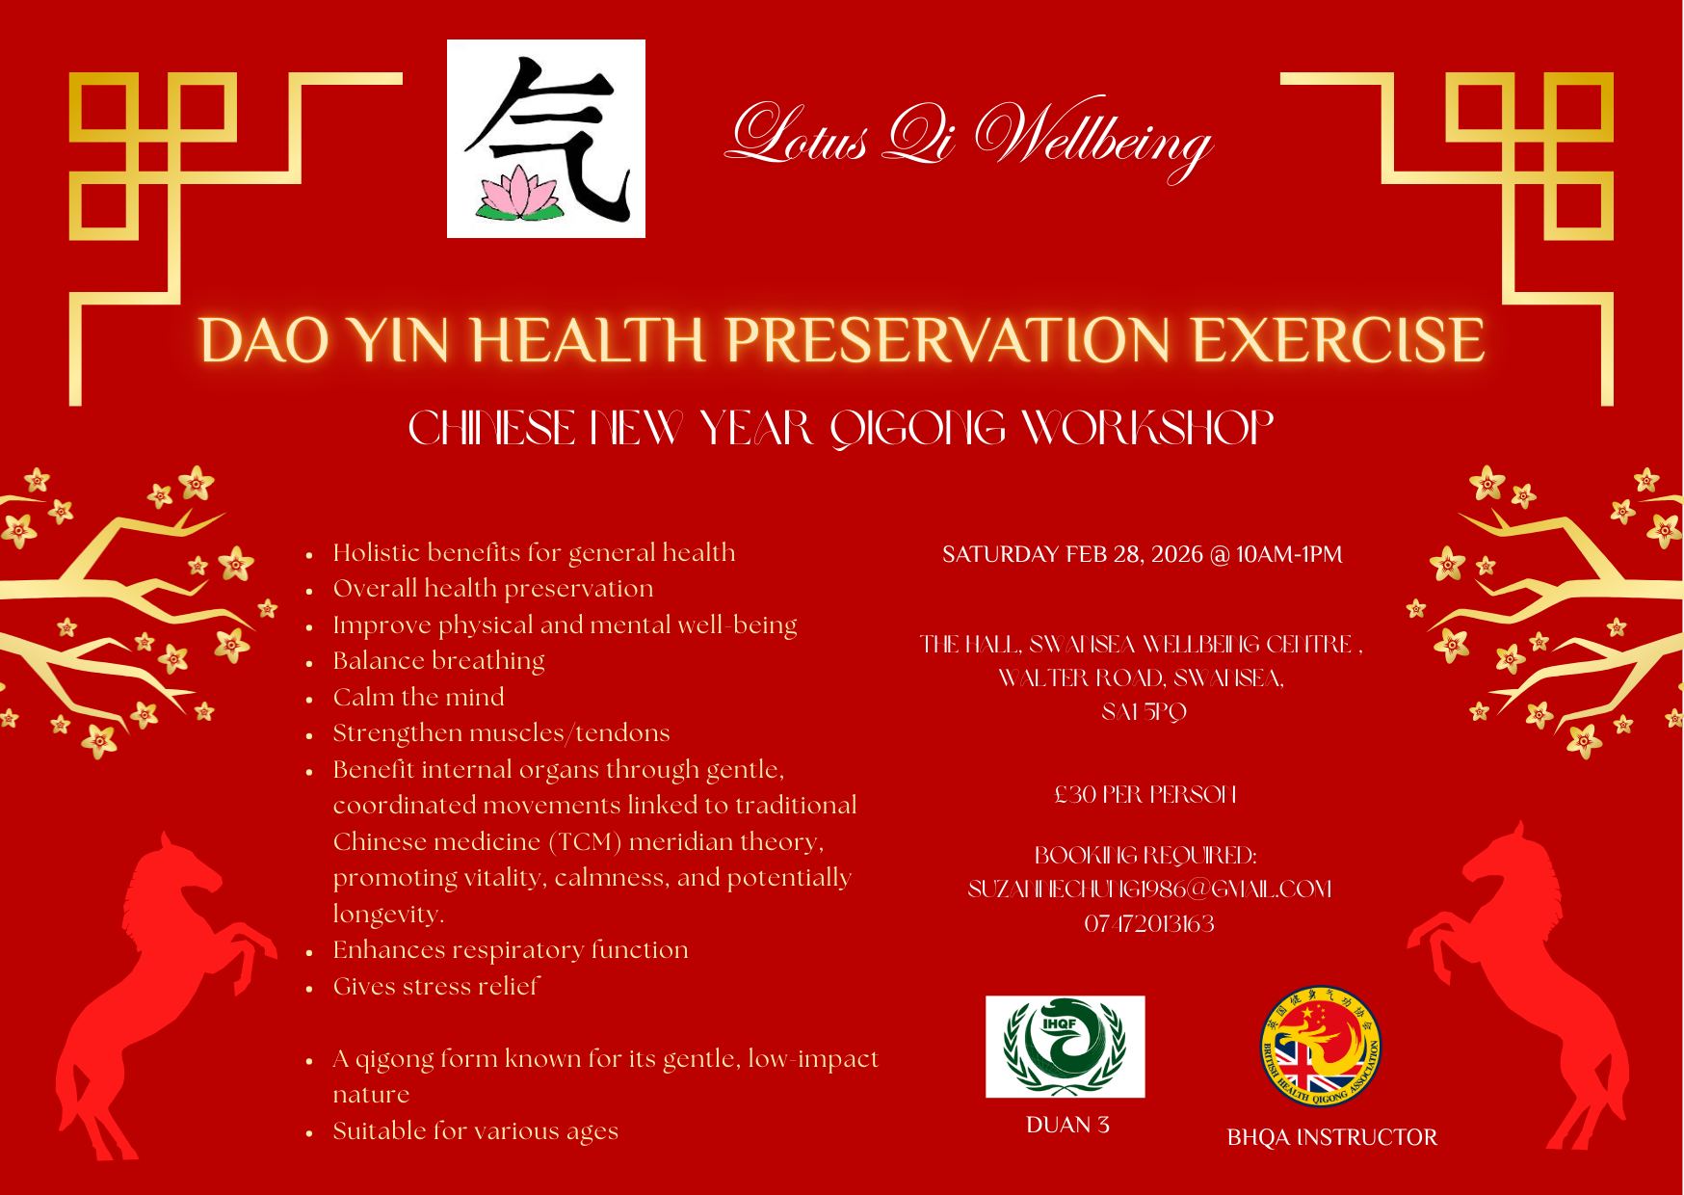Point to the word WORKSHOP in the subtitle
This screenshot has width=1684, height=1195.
[1145, 429]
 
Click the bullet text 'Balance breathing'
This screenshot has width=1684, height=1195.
[438, 661]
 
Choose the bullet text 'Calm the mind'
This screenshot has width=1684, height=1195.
[418, 697]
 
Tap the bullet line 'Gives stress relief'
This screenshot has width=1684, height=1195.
[435, 987]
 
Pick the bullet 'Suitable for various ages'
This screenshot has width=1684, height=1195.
[475, 1131]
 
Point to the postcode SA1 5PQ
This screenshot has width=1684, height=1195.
[1144, 713]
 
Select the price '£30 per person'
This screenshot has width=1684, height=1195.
[1145, 795]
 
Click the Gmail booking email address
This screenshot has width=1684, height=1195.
[1149, 890]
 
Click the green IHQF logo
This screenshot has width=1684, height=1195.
[1065, 1047]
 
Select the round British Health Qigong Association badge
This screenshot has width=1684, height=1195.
[1321, 1049]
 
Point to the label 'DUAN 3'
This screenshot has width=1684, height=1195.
[1066, 1125]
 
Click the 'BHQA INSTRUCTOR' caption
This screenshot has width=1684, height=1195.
[1331, 1138]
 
